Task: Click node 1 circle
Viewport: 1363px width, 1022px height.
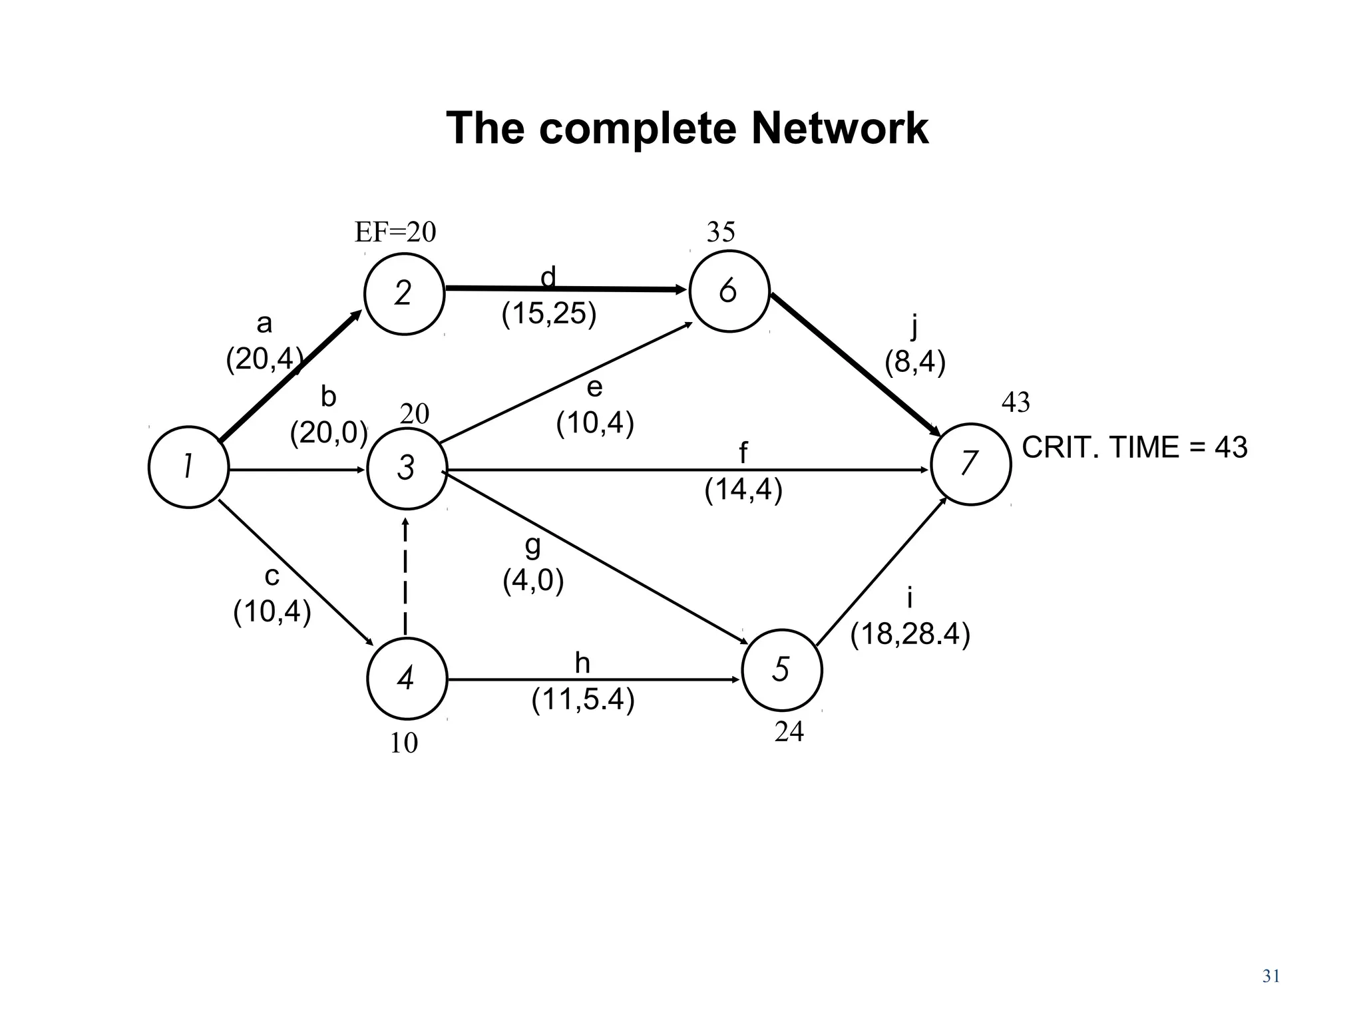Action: click(188, 467)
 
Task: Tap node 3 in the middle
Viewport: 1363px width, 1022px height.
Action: click(407, 468)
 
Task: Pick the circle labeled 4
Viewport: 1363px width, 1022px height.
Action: click(407, 679)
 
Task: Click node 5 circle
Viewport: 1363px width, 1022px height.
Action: click(781, 669)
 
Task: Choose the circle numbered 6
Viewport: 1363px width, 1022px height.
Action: click(729, 291)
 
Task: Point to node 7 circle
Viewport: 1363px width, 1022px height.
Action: click(970, 464)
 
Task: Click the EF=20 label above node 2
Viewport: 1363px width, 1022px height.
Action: click(395, 232)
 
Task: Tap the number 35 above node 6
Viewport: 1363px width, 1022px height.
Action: click(721, 232)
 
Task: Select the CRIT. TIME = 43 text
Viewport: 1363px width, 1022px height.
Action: click(1134, 447)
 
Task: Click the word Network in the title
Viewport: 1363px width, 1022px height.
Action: click(839, 128)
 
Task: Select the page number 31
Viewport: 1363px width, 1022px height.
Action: click(1271, 976)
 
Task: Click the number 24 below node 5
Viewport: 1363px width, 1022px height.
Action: click(789, 732)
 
